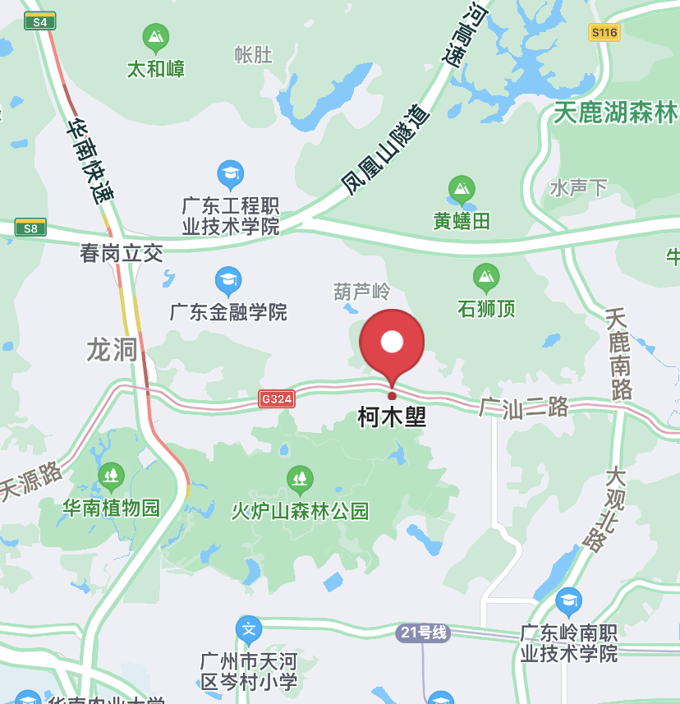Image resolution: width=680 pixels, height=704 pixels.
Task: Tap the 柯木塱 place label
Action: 392,418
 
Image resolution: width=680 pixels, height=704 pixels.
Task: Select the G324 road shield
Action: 277,398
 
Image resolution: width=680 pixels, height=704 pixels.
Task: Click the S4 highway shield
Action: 39,21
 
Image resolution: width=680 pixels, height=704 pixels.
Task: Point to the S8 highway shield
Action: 30,228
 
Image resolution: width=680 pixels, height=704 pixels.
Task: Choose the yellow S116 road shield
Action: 604,33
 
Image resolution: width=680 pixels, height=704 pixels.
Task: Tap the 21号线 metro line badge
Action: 423,633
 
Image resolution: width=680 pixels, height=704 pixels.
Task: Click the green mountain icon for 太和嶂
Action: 155,38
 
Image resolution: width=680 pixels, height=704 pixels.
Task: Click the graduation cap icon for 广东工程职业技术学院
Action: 231,174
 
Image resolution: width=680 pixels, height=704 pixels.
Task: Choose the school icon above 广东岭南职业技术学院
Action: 568,602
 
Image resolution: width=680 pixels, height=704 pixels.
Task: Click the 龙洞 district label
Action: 112,350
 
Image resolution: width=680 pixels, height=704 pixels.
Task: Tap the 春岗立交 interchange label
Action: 122,253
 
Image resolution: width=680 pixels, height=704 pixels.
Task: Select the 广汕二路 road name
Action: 524,407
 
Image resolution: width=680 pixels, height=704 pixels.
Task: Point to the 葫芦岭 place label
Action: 361,292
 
